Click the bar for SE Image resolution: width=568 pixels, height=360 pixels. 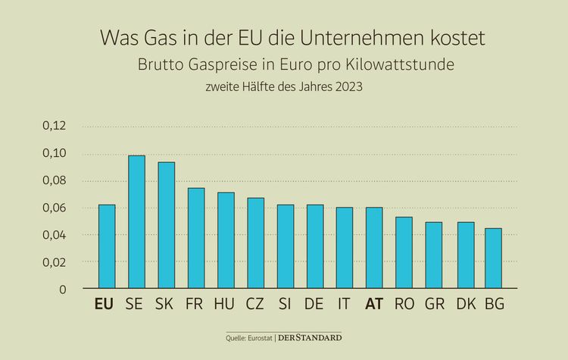click(136, 222)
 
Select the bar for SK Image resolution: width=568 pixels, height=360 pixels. click(166, 225)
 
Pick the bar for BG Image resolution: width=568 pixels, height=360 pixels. click(493, 258)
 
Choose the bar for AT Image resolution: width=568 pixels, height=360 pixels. click(374, 248)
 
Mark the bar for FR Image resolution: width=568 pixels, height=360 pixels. click(196, 238)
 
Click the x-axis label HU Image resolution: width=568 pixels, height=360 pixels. click(226, 304)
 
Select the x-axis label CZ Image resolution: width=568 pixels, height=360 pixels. click(255, 304)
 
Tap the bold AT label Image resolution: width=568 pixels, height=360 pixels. click(374, 304)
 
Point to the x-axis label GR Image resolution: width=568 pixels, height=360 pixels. click(434, 304)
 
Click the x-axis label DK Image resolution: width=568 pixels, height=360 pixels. click(464, 304)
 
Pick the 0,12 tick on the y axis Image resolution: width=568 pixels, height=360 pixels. click(53, 126)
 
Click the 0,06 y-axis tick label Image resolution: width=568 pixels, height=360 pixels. click(53, 208)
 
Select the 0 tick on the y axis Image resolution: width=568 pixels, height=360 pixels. click(63, 290)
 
